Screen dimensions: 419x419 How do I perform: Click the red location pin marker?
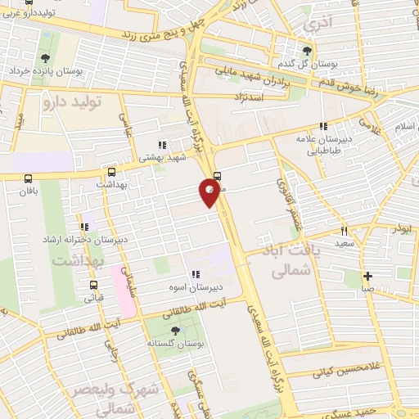[209, 192]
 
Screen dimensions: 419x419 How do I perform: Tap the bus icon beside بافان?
[29, 178]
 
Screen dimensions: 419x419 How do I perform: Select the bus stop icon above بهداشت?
[111, 173]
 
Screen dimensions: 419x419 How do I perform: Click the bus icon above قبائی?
[93, 286]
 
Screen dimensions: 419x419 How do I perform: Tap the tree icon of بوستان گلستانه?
[174, 331]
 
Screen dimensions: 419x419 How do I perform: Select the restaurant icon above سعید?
[344, 231]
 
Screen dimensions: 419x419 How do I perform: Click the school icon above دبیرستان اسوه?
[195, 275]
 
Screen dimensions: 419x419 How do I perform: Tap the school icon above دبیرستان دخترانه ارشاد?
[83, 227]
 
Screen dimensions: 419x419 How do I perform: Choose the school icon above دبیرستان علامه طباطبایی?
[323, 127]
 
